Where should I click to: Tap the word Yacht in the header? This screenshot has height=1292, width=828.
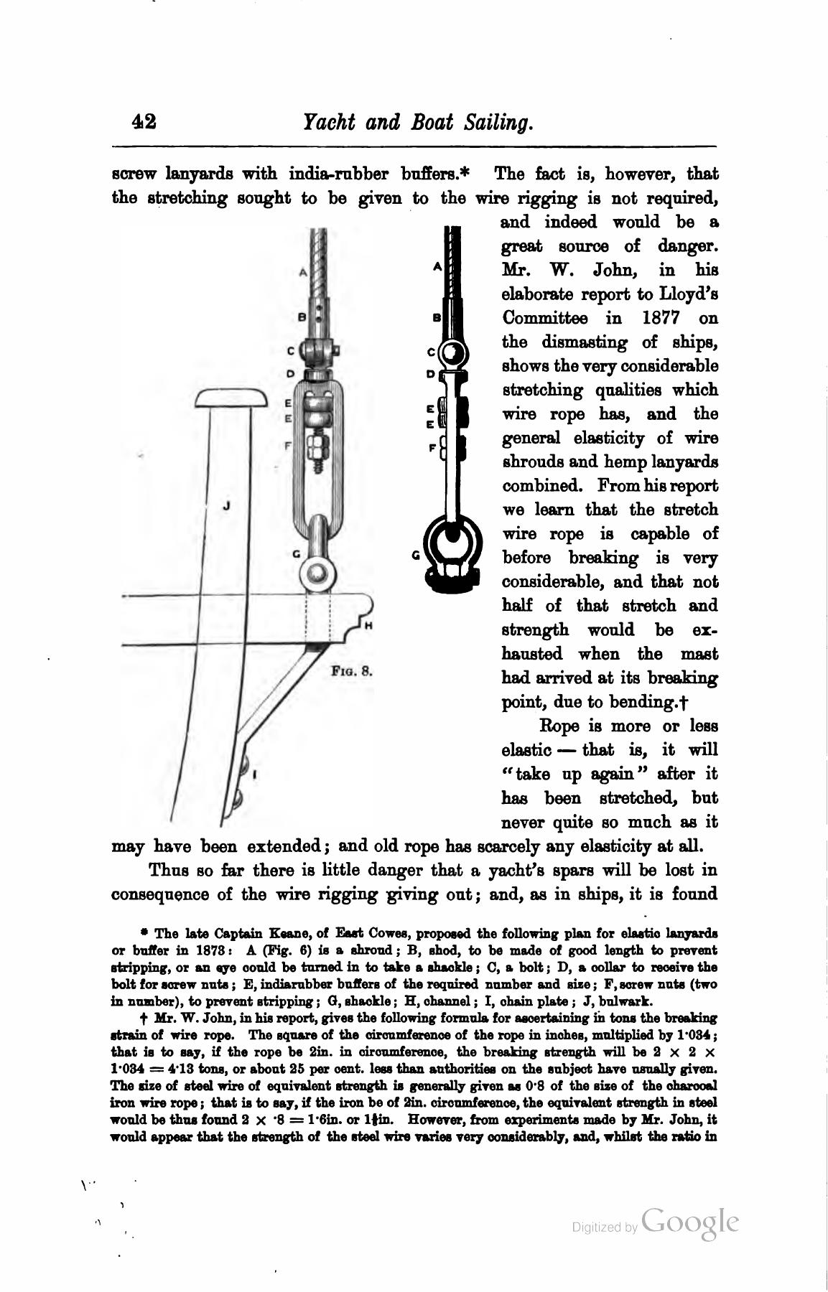click(x=329, y=122)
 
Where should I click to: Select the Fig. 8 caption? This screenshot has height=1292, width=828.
click(x=351, y=673)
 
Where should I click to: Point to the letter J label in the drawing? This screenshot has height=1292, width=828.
click(x=226, y=505)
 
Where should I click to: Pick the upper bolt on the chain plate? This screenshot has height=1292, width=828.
click(x=245, y=761)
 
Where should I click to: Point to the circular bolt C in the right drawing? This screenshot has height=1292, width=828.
click(x=453, y=353)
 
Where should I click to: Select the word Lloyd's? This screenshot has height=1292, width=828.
click(x=688, y=294)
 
